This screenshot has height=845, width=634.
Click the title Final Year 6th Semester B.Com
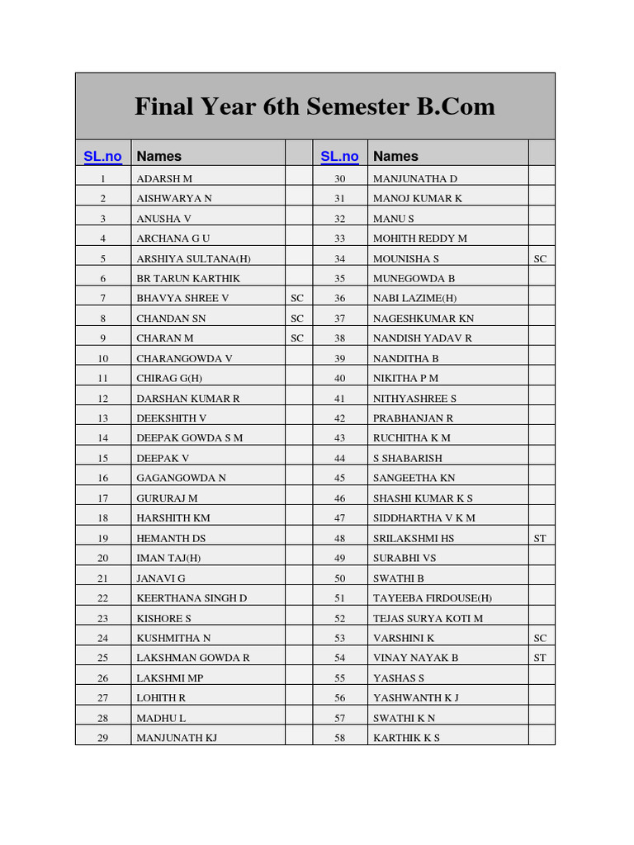coord(315,106)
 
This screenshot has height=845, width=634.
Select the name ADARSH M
coord(164,178)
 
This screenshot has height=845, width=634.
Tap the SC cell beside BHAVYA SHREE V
coord(297,298)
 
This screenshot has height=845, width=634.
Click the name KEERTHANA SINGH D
coord(192,598)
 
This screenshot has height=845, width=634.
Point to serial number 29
coord(103,738)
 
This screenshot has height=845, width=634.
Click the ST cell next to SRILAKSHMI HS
coord(540,538)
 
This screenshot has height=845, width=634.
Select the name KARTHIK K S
coord(406,738)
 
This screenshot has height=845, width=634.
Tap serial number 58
coord(339,738)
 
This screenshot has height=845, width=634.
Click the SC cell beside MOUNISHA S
coord(540,258)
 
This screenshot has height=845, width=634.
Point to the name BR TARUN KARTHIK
coord(188,278)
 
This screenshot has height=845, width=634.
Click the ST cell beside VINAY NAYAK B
coord(540,658)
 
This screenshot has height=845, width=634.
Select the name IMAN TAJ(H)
coord(168,558)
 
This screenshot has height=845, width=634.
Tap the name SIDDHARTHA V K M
coord(424,518)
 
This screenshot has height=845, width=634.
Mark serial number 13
coord(103,418)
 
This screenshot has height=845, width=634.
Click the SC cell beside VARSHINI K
coord(540,638)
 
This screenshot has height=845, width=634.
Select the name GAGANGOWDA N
coord(181,478)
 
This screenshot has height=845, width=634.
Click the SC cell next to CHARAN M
coord(297,338)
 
